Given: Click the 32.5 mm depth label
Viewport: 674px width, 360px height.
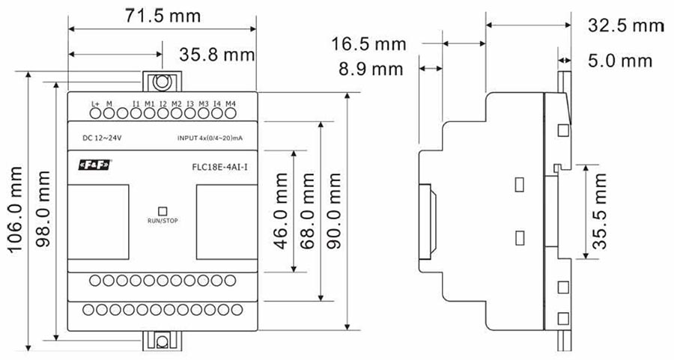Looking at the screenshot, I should pos(626,26).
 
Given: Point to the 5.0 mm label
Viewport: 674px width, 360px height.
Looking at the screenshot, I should pos(619,61).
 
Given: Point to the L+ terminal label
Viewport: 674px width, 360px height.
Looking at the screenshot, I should pos(95,103).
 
